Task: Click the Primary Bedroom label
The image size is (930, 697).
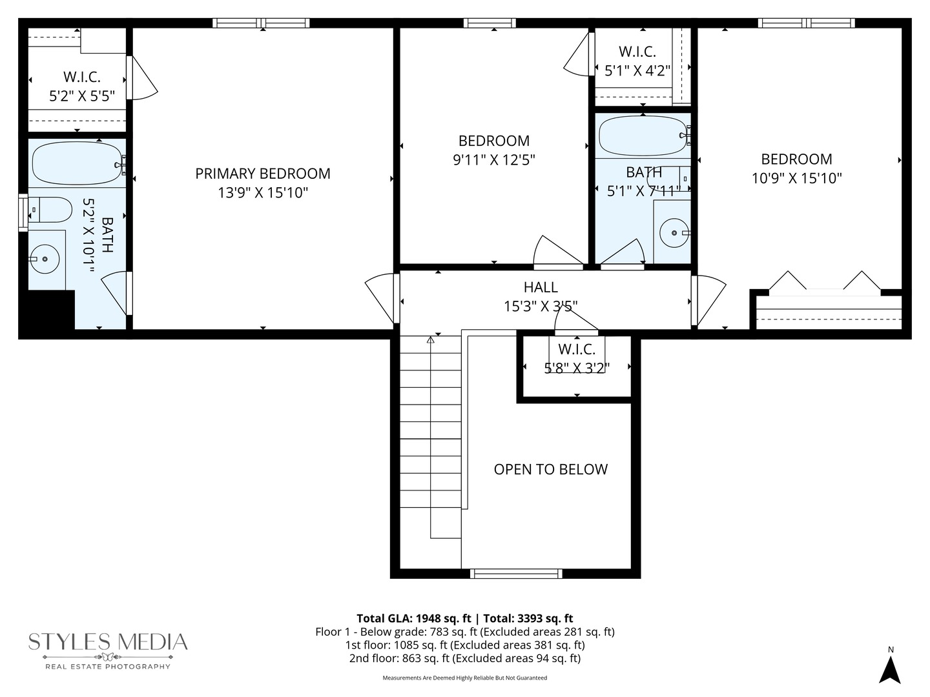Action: click(x=262, y=174)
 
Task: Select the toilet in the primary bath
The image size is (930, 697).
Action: click(x=51, y=210)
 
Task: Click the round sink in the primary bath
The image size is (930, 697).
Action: click(x=45, y=259)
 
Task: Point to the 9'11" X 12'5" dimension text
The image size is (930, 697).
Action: click(x=493, y=159)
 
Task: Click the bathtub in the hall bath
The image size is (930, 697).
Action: click(x=643, y=136)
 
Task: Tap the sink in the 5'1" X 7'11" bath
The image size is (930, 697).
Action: click(x=674, y=232)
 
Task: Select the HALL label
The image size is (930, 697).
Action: click(x=541, y=287)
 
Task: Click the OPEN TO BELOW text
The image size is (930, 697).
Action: click(x=550, y=469)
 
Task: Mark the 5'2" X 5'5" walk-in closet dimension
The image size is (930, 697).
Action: click(x=82, y=96)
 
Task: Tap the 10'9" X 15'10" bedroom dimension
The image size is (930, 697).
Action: click(x=796, y=178)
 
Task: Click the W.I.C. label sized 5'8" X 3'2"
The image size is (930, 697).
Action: click(x=576, y=349)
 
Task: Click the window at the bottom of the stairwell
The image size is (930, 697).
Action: click(x=515, y=573)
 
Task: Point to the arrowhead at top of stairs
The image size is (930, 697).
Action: click(x=431, y=340)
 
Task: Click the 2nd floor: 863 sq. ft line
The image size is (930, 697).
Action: click(x=464, y=658)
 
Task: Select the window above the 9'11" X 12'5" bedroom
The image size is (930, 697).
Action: click(x=490, y=23)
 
